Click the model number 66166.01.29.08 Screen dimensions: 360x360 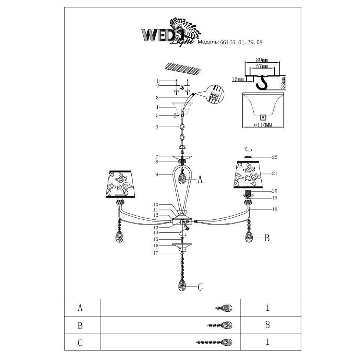pos(241,42)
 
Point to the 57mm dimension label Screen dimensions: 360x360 pos(262,66)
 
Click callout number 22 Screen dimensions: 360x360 pos(274,157)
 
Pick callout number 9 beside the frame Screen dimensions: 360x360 pos(157,174)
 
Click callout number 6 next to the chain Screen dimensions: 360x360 pos(157,127)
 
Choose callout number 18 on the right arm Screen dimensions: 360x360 pos(274,209)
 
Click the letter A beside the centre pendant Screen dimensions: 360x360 pos(200,180)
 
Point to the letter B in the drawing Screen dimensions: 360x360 pos(266,238)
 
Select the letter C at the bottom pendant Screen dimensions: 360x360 pos(200,287)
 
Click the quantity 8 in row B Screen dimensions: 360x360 pos(267,325)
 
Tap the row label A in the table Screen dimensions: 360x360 pos(80,308)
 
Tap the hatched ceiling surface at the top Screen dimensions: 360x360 pos(182,69)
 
